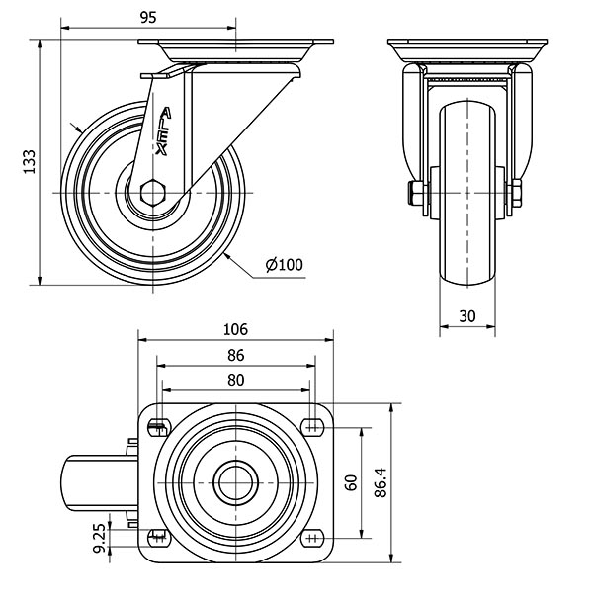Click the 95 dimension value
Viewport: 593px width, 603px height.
148,18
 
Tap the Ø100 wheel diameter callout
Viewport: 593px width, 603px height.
284,264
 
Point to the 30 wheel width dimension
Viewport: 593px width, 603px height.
466,315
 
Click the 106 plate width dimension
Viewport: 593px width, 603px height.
235,330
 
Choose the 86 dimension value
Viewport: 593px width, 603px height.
235,355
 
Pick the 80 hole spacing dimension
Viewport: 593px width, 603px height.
235,379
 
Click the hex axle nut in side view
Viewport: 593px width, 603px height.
154,193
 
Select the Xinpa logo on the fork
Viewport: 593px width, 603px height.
160,129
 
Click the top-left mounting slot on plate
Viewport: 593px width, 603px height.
158,427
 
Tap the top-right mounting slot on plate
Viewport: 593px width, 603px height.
312,426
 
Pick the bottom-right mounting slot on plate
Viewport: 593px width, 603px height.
312,538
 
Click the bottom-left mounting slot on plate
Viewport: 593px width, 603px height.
158,538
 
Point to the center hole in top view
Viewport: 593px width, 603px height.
235,482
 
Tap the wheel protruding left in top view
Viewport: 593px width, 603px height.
96,482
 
